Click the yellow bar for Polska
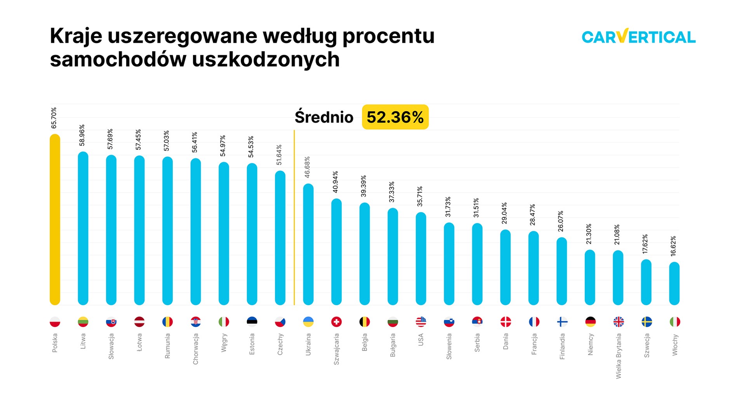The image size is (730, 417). pyautogui.click(x=55, y=219)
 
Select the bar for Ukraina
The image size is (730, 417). pyautogui.click(x=308, y=245)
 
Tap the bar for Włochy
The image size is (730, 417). pyautogui.click(x=674, y=283)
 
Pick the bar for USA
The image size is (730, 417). pyautogui.click(x=421, y=259)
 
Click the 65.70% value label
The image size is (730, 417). pyautogui.click(x=54, y=118)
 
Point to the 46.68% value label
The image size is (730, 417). pyautogui.click(x=307, y=167)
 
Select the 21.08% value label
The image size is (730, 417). pyautogui.click(x=617, y=235)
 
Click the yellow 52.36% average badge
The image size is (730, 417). pyautogui.click(x=395, y=117)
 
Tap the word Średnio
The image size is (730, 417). pyautogui.click(x=324, y=117)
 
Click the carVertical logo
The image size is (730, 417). pyautogui.click(x=638, y=36)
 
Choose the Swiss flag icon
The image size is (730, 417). pyautogui.click(x=336, y=322)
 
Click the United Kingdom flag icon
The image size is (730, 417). pyautogui.click(x=618, y=322)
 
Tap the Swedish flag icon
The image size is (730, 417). pyautogui.click(x=647, y=322)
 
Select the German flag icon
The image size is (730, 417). pyautogui.click(x=590, y=322)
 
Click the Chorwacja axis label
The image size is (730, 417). pyautogui.click(x=196, y=349)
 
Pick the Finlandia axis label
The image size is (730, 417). pyautogui.click(x=562, y=346)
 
